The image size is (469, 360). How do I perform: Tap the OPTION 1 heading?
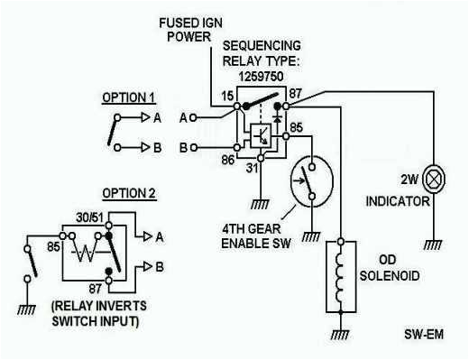(128, 97)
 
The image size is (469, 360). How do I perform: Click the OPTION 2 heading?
(128, 193)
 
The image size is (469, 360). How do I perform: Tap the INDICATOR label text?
(398, 202)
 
